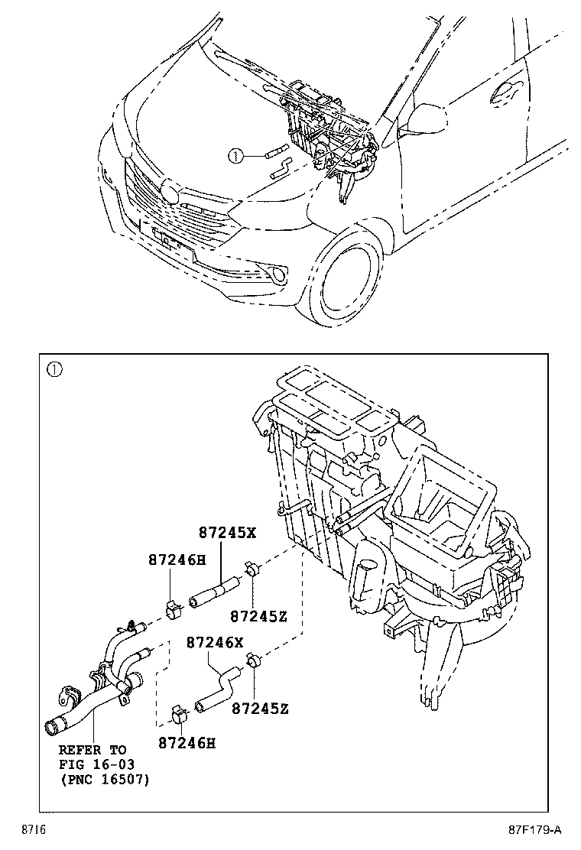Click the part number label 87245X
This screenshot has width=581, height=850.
click(228, 533)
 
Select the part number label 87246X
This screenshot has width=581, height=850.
click(215, 643)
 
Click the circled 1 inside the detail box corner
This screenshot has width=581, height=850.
click(54, 370)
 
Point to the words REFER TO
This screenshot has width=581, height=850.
click(93, 750)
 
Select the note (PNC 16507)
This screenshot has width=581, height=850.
click(104, 780)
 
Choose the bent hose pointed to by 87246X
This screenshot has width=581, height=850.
click(219, 687)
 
